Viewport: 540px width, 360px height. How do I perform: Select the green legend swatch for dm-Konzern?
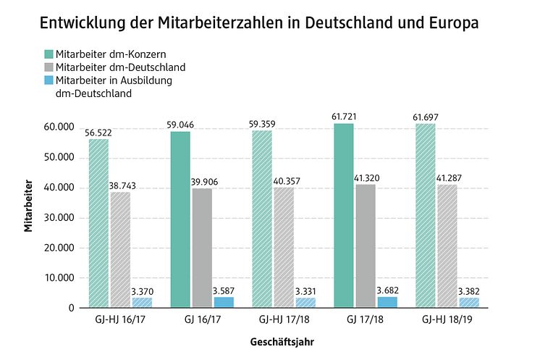coord(48,54)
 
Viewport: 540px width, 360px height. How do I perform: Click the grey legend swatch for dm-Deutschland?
coord(48,67)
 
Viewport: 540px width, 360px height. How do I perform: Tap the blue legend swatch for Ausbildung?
coord(48,80)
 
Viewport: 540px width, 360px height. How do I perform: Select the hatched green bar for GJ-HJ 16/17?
coord(98,223)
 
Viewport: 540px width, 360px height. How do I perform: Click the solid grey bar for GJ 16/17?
coord(203,248)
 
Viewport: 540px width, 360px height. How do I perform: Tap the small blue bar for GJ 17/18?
coord(387,302)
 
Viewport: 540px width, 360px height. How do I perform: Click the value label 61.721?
coord(344,117)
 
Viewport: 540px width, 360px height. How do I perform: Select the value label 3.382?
coord(471,292)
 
